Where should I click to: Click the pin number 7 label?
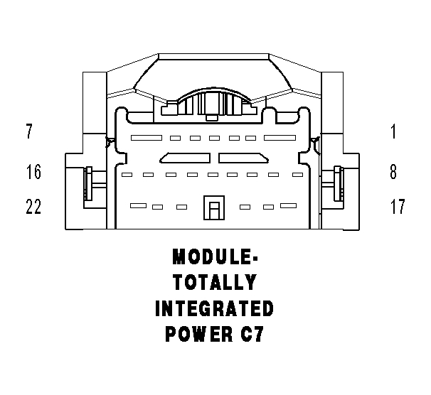(29, 131)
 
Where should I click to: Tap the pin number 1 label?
(393, 131)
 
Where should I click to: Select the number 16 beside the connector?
(33, 172)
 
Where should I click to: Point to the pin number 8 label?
(393, 172)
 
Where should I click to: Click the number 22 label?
(33, 207)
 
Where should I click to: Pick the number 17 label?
(397, 207)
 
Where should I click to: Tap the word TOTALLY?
(214, 282)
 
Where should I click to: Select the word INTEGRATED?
(214, 308)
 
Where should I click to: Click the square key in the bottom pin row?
(213, 209)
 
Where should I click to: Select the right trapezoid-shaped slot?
(243, 157)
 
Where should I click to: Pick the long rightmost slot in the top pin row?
(279, 136)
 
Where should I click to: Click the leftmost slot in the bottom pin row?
(138, 206)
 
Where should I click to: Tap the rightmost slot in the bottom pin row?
(288, 206)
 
